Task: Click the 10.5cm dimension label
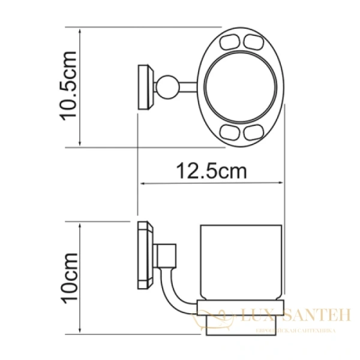click(x=70, y=85)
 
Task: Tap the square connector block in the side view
click(x=167, y=254)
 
